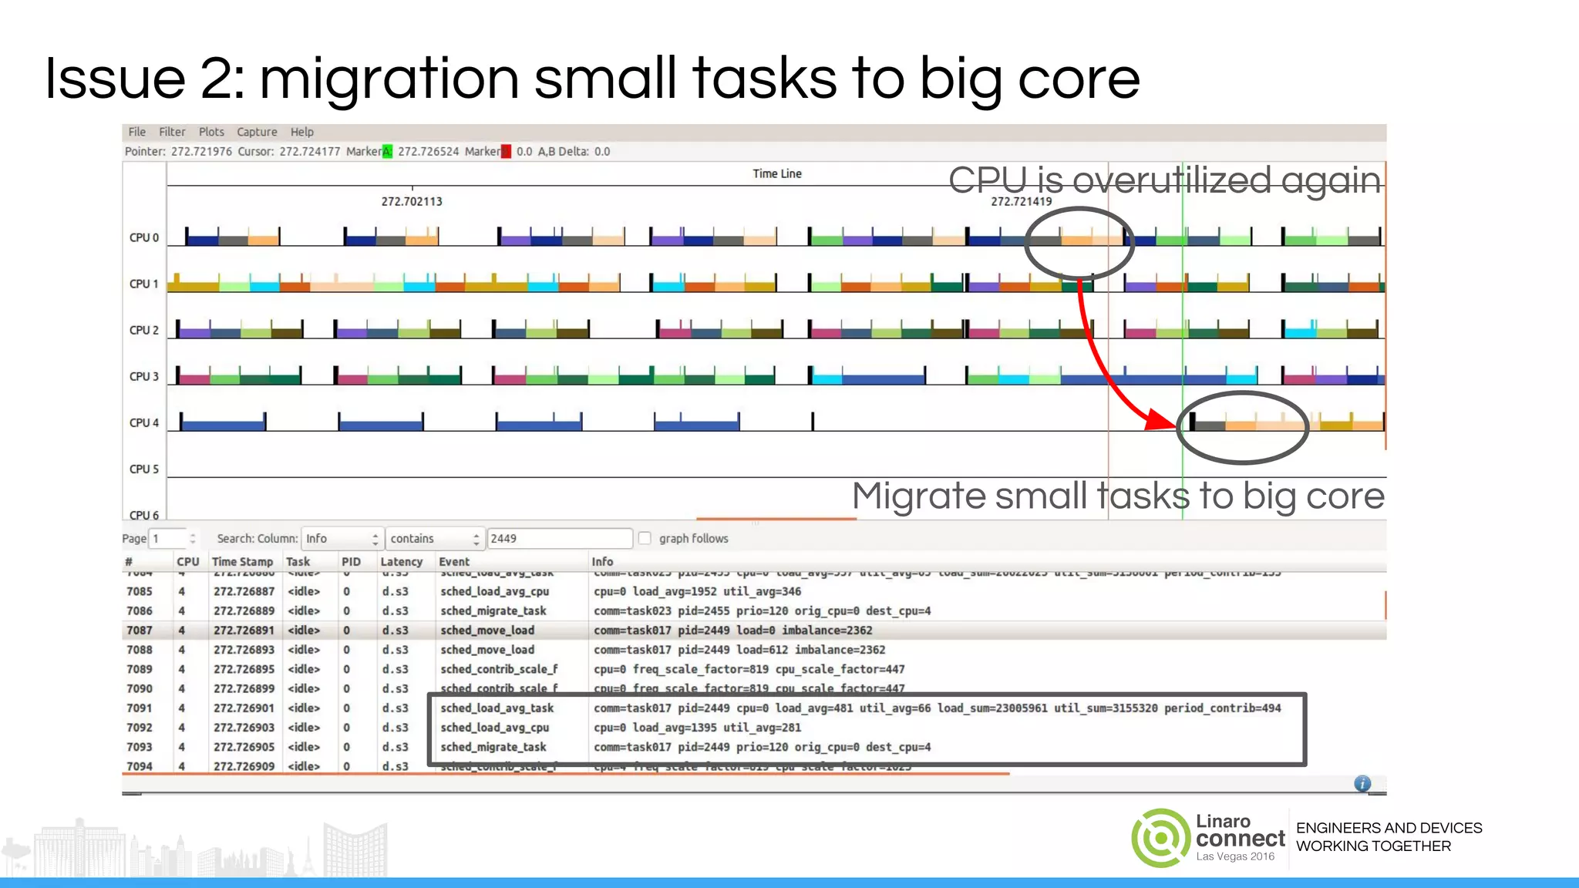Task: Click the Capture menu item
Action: [x=257, y=132]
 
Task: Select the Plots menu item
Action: [x=211, y=132]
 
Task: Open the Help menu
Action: [x=301, y=132]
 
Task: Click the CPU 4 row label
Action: [x=144, y=422]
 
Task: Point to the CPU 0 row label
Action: [x=144, y=237]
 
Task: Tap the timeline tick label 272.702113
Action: [x=412, y=201]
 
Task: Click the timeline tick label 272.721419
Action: [x=1021, y=201]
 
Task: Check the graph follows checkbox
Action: [x=645, y=538]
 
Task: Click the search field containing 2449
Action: [x=559, y=538]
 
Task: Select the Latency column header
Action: [x=401, y=562]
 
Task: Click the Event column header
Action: [x=454, y=562]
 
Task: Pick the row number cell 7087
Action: [x=140, y=631]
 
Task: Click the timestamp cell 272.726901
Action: [x=244, y=708]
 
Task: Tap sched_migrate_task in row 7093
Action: [x=493, y=747]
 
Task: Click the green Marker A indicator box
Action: [x=387, y=151]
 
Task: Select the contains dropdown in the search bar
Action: [x=435, y=538]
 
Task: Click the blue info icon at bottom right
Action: [x=1362, y=783]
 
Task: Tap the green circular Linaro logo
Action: [x=1160, y=838]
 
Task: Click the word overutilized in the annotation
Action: [x=1172, y=181]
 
